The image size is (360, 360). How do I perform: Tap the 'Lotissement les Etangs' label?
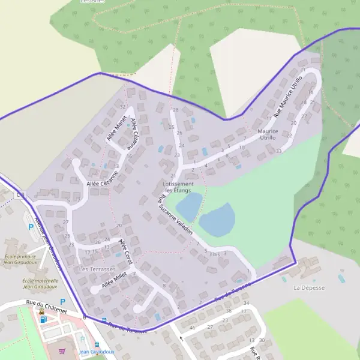tap(179, 187)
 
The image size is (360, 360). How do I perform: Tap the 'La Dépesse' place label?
tap(309, 288)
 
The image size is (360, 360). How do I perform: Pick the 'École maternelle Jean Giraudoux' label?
tap(40, 283)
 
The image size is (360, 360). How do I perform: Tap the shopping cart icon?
tap(62, 351)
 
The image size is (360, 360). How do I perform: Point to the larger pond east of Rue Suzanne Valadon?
tap(217, 220)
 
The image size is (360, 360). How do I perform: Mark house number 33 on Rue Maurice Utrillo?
tap(279, 151)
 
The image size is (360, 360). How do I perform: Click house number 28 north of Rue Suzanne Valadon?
tap(176, 110)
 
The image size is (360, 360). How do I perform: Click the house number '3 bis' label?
tap(214, 254)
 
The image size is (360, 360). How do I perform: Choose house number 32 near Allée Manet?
tap(122, 107)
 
